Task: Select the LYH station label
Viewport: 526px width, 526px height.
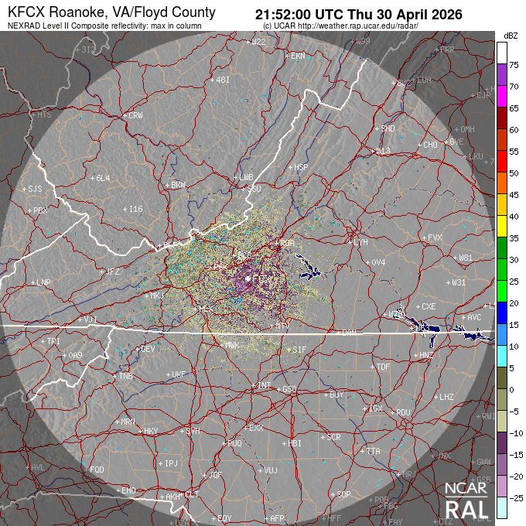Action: pyautogui.click(x=360, y=242)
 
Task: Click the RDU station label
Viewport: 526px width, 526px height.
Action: pyautogui.click(x=402, y=412)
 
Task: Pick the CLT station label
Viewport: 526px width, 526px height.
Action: pyautogui.click(x=192, y=494)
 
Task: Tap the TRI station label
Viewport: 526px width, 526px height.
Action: pyautogui.click(x=53, y=341)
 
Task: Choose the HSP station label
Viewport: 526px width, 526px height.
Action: pyautogui.click(x=300, y=167)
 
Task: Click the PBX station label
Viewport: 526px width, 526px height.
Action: pyautogui.click(x=40, y=210)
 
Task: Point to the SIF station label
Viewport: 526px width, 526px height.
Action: pyautogui.click(x=299, y=350)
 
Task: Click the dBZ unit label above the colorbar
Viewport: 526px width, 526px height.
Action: pyautogui.click(x=510, y=36)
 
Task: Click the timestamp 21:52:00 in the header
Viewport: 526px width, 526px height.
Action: pyautogui.click(x=289, y=14)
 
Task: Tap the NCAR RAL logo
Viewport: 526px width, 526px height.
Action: pyautogui.click(x=466, y=500)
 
